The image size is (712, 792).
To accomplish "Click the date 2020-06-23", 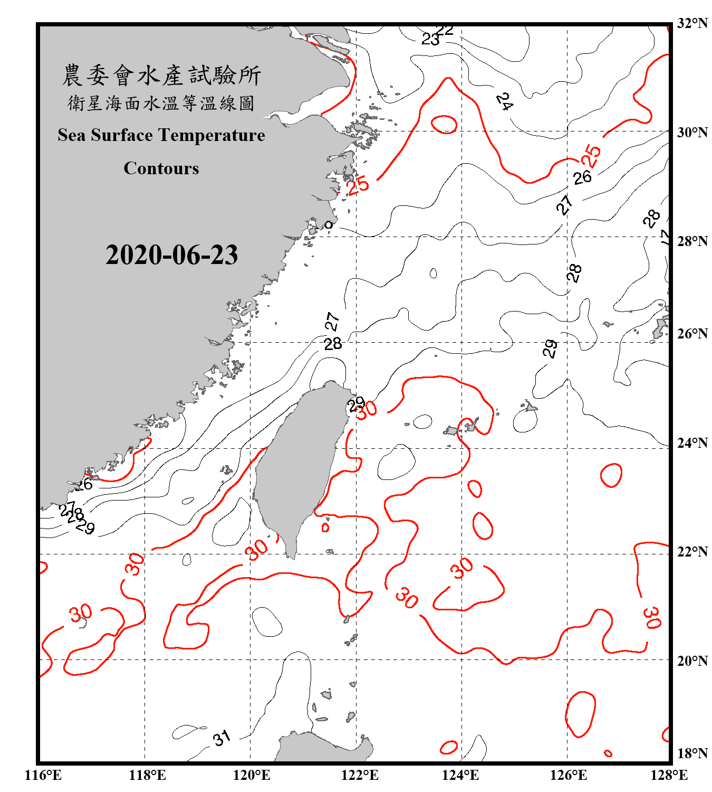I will click(x=171, y=255).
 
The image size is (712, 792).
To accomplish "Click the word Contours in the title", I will click(x=161, y=168).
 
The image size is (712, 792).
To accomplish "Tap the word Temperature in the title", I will click(x=212, y=135).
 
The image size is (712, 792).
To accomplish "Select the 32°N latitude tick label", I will click(x=692, y=23).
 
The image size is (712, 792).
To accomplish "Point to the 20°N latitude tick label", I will click(x=692, y=661).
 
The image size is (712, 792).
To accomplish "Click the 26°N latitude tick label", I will click(x=692, y=334).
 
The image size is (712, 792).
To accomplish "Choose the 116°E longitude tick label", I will click(x=43, y=775).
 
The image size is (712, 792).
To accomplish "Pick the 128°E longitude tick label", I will click(x=669, y=775).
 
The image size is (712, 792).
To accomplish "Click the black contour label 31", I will click(x=222, y=738).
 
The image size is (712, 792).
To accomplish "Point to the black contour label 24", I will click(x=504, y=101).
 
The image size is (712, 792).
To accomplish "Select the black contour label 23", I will click(x=430, y=40).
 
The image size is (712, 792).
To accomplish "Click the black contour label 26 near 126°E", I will click(x=582, y=178).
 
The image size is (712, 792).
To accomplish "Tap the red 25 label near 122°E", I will click(x=358, y=185).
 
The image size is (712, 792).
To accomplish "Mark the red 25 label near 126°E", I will click(x=591, y=156).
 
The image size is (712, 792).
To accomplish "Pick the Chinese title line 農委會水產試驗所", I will click(x=161, y=75).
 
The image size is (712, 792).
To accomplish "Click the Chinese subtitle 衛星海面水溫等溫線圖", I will click(x=161, y=103).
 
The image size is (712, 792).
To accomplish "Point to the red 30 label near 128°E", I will click(x=652, y=617).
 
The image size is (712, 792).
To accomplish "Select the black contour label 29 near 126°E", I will click(x=550, y=349).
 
